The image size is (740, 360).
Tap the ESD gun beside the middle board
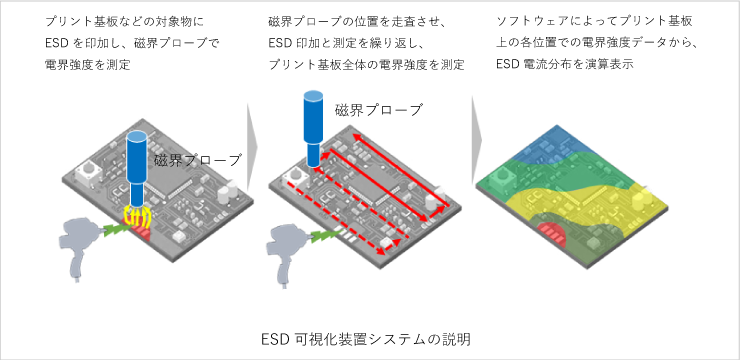[290, 240]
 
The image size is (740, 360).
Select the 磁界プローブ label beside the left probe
[198, 160]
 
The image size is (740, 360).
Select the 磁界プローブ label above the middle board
[379, 109]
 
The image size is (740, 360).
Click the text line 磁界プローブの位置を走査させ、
[356, 21]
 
